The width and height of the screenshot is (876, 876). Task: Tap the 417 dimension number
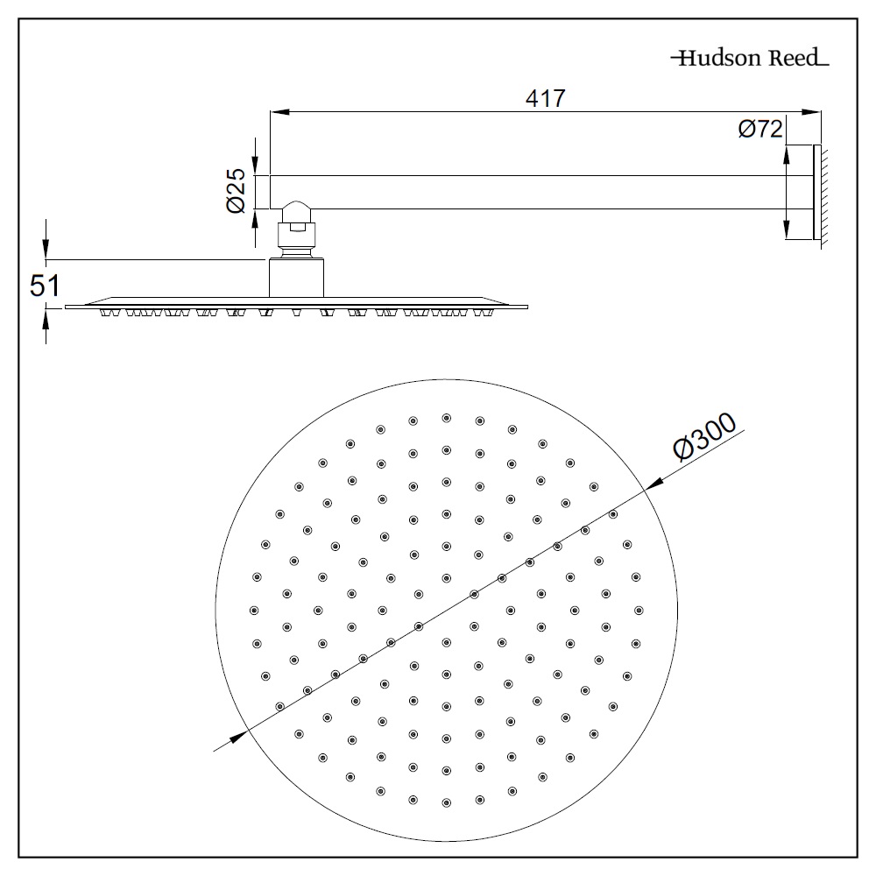coord(546,98)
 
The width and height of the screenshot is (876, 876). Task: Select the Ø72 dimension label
coord(759,129)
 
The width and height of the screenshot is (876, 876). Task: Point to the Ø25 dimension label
coord(235,192)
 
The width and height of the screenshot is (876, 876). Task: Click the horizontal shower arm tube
coord(526,192)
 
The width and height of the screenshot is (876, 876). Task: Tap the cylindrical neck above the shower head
coord(297,277)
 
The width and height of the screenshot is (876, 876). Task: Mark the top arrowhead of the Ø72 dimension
coord(786,152)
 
